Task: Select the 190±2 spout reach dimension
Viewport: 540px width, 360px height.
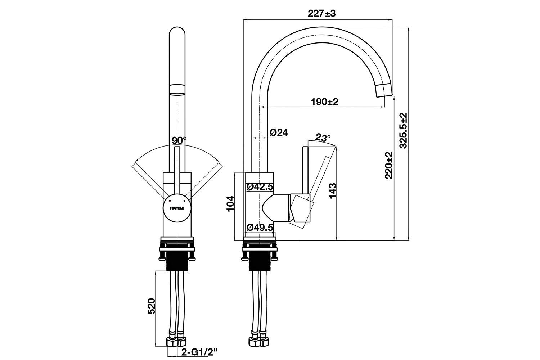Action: coord(325,102)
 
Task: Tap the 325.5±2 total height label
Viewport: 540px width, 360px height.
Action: coord(403,130)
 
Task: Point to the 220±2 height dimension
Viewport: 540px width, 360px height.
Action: coord(388,165)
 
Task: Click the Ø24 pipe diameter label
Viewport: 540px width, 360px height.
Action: coord(279,132)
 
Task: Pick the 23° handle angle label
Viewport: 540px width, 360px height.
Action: coord(323,137)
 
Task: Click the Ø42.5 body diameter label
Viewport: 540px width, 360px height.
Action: coord(260,187)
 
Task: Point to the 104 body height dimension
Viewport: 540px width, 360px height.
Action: coord(230,203)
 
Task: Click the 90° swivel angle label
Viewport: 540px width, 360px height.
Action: coord(179,140)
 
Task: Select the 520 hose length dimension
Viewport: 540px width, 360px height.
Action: coord(151,306)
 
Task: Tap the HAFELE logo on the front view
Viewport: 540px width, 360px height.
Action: coord(177,208)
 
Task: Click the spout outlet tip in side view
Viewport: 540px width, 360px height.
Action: coord(384,90)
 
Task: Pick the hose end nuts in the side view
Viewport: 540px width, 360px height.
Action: coord(260,341)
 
